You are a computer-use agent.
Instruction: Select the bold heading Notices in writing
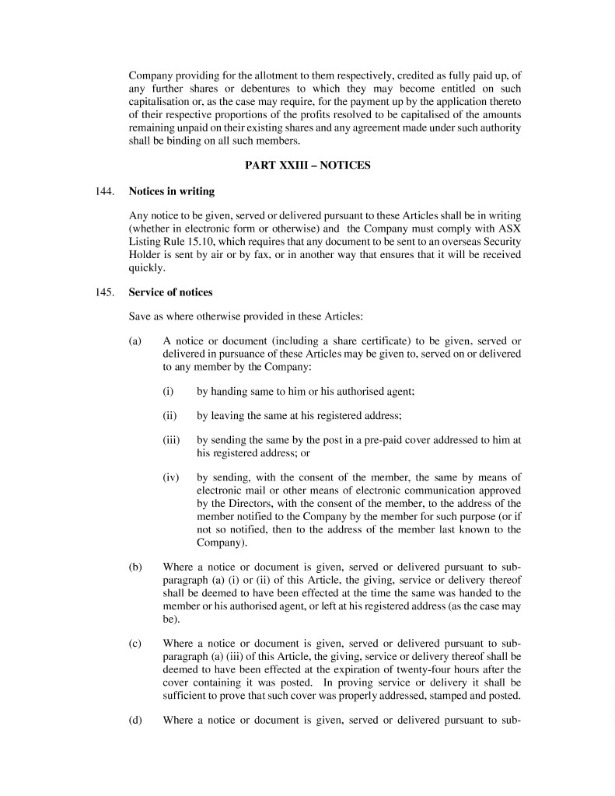click(x=171, y=190)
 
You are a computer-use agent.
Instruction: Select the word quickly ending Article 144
click(x=145, y=268)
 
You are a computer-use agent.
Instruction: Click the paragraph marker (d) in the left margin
click(x=135, y=719)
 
